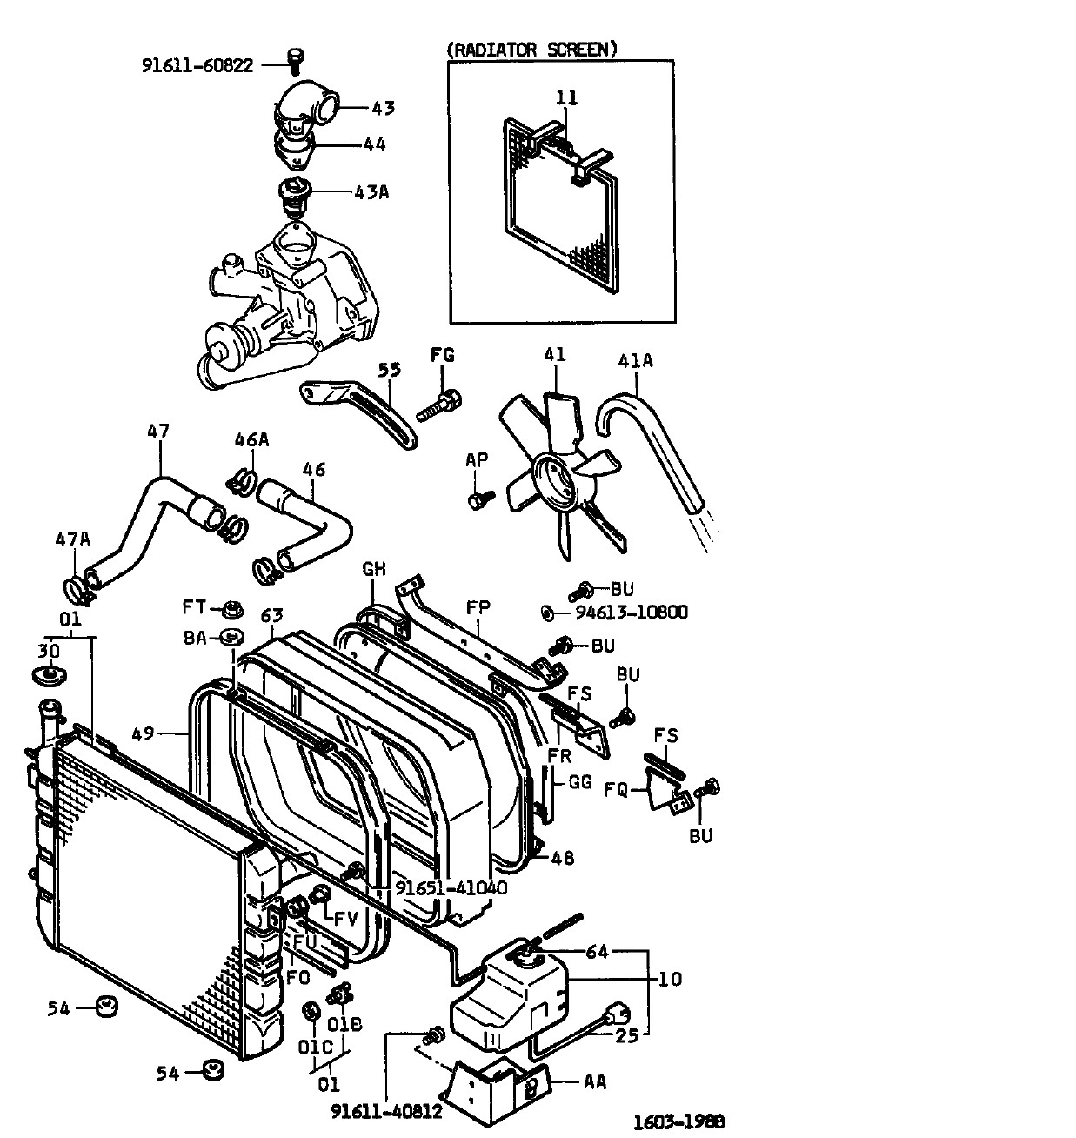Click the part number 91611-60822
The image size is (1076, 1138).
(x=197, y=65)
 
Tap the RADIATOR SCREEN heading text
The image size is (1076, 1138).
(x=532, y=50)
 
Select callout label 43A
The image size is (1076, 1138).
(x=371, y=191)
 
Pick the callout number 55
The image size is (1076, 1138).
(x=390, y=369)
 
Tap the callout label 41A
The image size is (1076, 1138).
(x=635, y=360)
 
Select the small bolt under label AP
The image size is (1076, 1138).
(x=480, y=499)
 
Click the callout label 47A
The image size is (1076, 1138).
(x=73, y=539)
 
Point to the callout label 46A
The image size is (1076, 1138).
(x=251, y=439)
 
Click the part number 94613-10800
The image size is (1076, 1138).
(x=632, y=612)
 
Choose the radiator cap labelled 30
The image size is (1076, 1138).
(x=49, y=675)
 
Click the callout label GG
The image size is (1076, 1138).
(x=580, y=782)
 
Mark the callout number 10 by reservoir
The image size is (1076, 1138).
(x=670, y=979)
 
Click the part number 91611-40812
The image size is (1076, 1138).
(x=386, y=1111)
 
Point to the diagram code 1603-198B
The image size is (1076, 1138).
(x=678, y=1121)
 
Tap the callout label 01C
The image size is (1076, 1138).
(x=316, y=1048)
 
